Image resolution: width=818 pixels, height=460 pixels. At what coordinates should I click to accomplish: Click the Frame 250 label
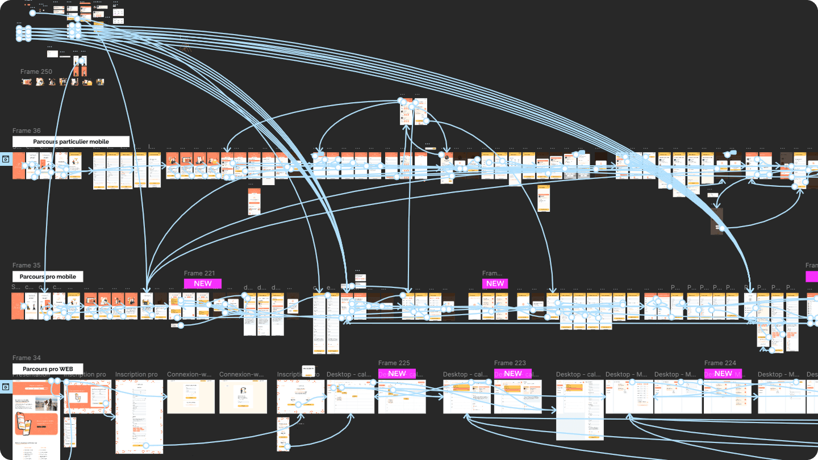(x=36, y=72)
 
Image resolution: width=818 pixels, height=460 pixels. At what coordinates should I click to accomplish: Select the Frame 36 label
(x=27, y=131)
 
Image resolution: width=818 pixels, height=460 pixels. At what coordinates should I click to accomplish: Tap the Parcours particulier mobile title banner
(x=71, y=141)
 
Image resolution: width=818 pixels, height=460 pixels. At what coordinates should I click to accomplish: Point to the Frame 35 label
(x=27, y=266)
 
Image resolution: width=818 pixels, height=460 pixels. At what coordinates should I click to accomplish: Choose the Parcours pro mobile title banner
(x=48, y=277)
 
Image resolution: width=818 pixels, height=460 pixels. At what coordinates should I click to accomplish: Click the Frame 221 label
(x=199, y=274)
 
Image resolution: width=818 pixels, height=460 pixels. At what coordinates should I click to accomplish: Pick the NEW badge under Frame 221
(x=202, y=283)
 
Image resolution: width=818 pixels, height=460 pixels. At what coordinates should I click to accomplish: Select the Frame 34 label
(x=27, y=358)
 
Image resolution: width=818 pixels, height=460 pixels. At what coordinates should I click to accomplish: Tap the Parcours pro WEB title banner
(x=48, y=369)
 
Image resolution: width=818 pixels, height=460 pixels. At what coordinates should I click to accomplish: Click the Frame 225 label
(x=394, y=363)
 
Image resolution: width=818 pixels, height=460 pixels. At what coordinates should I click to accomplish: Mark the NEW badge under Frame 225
(x=397, y=374)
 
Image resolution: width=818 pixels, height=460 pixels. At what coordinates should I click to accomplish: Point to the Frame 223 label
(x=510, y=363)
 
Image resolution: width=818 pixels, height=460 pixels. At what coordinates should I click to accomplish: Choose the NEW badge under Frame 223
(x=512, y=374)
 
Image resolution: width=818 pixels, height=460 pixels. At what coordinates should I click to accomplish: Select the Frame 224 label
(x=720, y=363)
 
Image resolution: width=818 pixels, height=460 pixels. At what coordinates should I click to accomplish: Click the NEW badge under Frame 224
(x=723, y=374)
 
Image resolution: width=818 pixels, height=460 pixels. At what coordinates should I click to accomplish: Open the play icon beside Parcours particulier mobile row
(x=5, y=160)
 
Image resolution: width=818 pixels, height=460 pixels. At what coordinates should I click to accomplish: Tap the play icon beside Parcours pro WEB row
(x=5, y=387)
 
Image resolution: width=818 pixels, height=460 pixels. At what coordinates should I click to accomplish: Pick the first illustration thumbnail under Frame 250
(x=26, y=82)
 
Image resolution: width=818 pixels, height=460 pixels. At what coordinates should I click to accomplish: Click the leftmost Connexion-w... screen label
(x=189, y=375)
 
